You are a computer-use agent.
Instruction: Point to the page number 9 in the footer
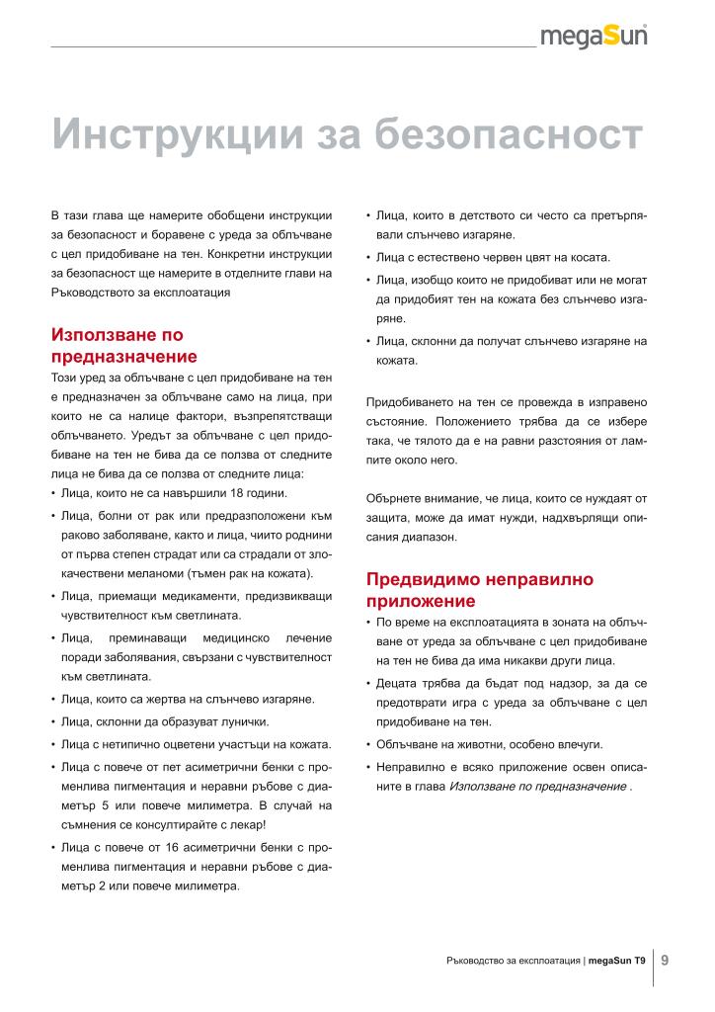pyautogui.click(x=666, y=959)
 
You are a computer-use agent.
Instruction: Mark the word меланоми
pyautogui.click(x=135, y=573)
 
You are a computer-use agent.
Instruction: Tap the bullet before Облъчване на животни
pyautogui.click(x=368, y=744)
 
